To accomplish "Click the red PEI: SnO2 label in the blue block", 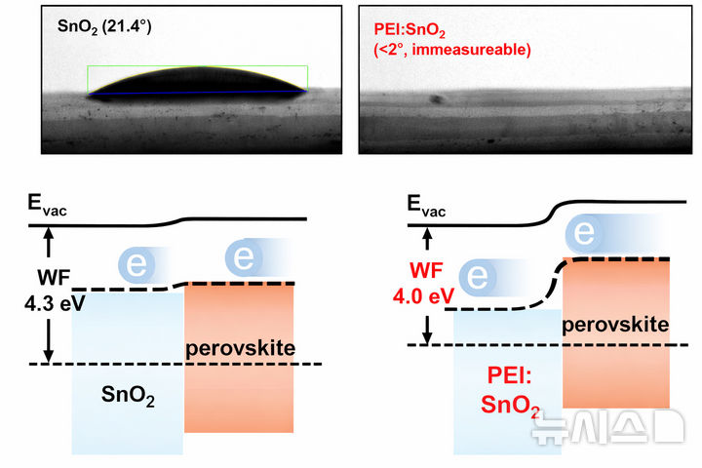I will [508, 389].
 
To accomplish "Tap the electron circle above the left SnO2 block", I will [136, 264].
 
